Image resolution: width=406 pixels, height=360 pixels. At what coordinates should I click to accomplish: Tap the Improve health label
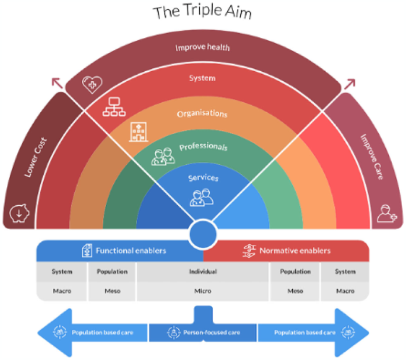[x=203, y=47]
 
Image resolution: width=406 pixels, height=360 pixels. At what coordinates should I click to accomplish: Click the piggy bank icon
[x=18, y=212]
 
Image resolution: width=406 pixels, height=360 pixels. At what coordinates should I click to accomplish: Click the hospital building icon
[x=138, y=131]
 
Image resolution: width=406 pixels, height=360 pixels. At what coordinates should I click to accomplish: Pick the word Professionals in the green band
[x=203, y=146]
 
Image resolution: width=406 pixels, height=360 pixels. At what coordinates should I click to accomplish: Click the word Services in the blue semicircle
[x=203, y=178]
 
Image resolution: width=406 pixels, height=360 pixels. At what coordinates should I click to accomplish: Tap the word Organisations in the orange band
[x=203, y=113]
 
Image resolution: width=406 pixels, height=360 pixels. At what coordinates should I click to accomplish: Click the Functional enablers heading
[x=131, y=251]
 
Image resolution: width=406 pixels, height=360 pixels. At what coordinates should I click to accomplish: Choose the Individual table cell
[x=203, y=272]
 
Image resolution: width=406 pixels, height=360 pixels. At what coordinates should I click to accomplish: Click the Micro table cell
[x=203, y=291]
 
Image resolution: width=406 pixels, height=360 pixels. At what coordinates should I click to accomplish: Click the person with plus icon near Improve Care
[x=386, y=212]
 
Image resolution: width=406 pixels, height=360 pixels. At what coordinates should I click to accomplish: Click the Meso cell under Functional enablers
[x=112, y=291]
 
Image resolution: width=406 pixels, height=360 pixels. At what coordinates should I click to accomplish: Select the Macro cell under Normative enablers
[x=344, y=291]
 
